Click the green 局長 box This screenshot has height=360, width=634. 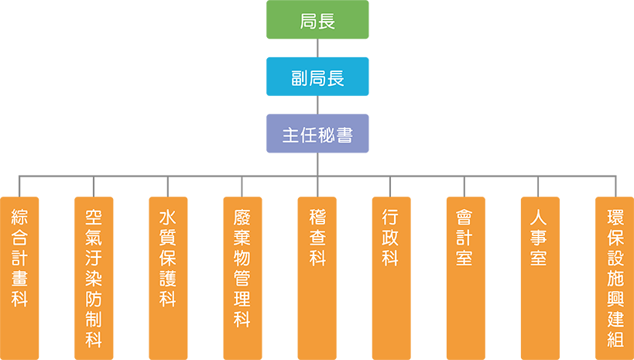(317, 22)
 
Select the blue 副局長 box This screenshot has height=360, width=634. (317, 78)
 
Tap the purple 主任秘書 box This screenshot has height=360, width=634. (317, 135)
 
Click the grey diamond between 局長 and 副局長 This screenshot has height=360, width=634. (317, 49)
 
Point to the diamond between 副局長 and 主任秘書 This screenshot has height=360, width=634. (317, 105)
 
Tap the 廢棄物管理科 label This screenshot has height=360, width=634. (242, 267)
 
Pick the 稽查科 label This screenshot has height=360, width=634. (317, 237)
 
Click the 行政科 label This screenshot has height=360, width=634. (390, 237)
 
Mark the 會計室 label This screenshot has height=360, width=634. (464, 237)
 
